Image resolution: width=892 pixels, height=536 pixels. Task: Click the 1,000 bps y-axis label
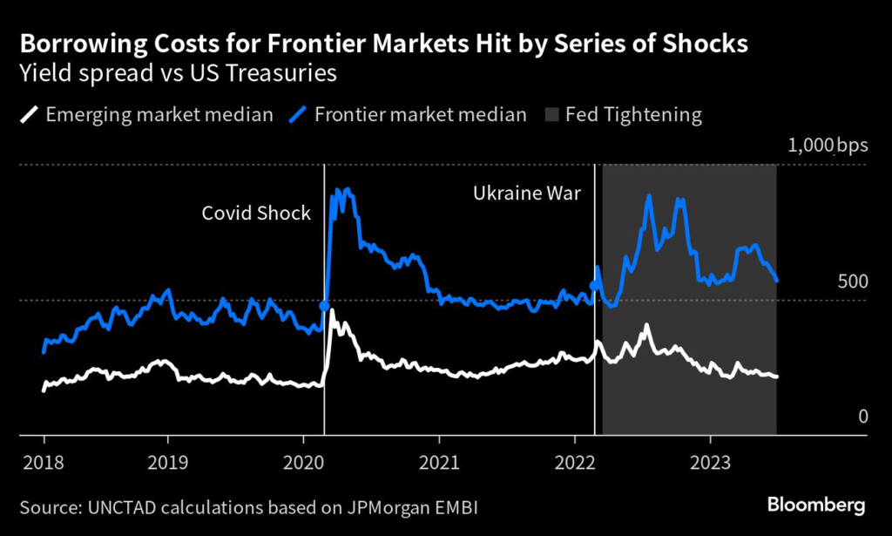click(x=828, y=146)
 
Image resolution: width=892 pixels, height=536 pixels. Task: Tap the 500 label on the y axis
click(x=852, y=282)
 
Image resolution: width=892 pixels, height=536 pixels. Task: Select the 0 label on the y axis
click(x=863, y=417)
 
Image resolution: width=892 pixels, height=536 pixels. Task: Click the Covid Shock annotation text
click(x=256, y=213)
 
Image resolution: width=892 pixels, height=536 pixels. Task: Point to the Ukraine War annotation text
click(x=526, y=191)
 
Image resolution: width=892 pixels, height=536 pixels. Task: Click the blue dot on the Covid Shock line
click(x=325, y=306)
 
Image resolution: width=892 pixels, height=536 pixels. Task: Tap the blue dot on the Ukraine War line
click(x=595, y=285)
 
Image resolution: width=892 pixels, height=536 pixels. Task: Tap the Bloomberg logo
click(x=815, y=505)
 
